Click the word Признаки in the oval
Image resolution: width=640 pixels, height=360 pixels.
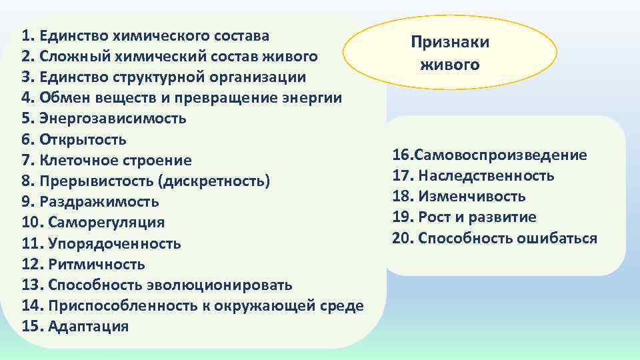449,43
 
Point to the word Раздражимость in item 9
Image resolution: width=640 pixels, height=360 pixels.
99,202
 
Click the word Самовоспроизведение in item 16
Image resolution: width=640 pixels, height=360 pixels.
501,155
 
